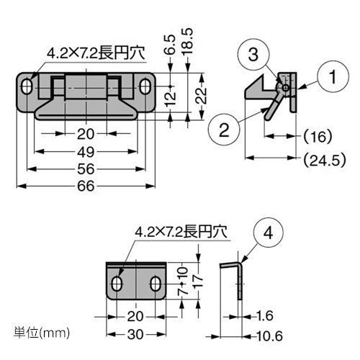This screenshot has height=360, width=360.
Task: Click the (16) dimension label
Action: (318, 135)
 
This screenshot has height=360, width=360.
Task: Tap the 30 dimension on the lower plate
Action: (136, 335)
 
